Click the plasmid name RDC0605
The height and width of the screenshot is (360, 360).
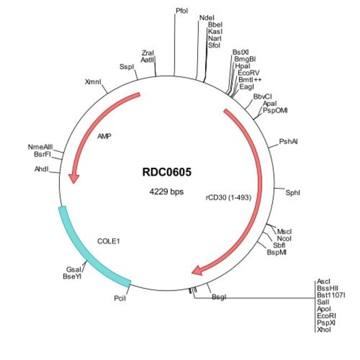click(x=167, y=172)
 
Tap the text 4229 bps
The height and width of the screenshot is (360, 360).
click(x=167, y=192)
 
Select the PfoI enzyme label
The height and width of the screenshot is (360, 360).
click(x=182, y=11)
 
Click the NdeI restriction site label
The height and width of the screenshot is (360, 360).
click(x=207, y=18)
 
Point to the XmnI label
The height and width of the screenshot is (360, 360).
click(x=93, y=82)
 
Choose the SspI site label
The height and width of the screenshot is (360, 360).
click(x=127, y=66)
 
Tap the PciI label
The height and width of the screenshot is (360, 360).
click(x=120, y=299)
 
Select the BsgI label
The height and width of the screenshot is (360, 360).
click(x=219, y=297)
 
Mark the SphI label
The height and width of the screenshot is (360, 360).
click(x=292, y=192)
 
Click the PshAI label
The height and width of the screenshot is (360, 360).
click(x=289, y=142)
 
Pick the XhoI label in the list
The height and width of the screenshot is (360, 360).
click(x=323, y=329)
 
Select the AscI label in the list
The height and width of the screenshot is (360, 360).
click(x=323, y=281)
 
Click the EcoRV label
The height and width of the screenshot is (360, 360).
click(x=249, y=73)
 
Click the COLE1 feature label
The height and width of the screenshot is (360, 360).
click(x=108, y=241)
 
